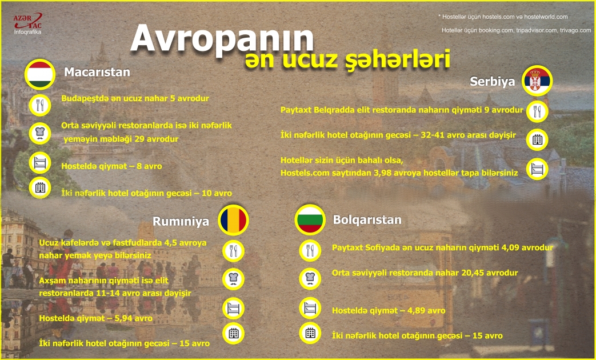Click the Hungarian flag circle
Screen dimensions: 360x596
tap(40, 74)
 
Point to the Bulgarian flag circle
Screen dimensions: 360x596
tap(310, 220)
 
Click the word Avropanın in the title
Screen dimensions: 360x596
tap(222, 39)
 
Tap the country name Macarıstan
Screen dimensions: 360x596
tap(97, 73)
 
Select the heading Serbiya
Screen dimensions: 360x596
tap(492, 82)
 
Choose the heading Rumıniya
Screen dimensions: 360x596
tap(181, 221)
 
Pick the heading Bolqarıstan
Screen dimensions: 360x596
tap(367, 220)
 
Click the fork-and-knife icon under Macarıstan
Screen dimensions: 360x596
tap(40, 105)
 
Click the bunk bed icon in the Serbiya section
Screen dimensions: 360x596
tap(537, 169)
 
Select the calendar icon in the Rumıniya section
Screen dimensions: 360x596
tap(233, 334)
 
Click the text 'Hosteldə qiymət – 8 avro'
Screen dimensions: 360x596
tap(111, 166)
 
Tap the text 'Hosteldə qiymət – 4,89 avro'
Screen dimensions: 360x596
tap(388, 311)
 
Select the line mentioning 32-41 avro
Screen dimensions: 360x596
tap(398, 135)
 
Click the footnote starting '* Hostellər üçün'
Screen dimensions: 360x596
tap(503, 17)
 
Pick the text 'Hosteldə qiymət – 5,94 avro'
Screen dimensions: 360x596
tap(95, 318)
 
